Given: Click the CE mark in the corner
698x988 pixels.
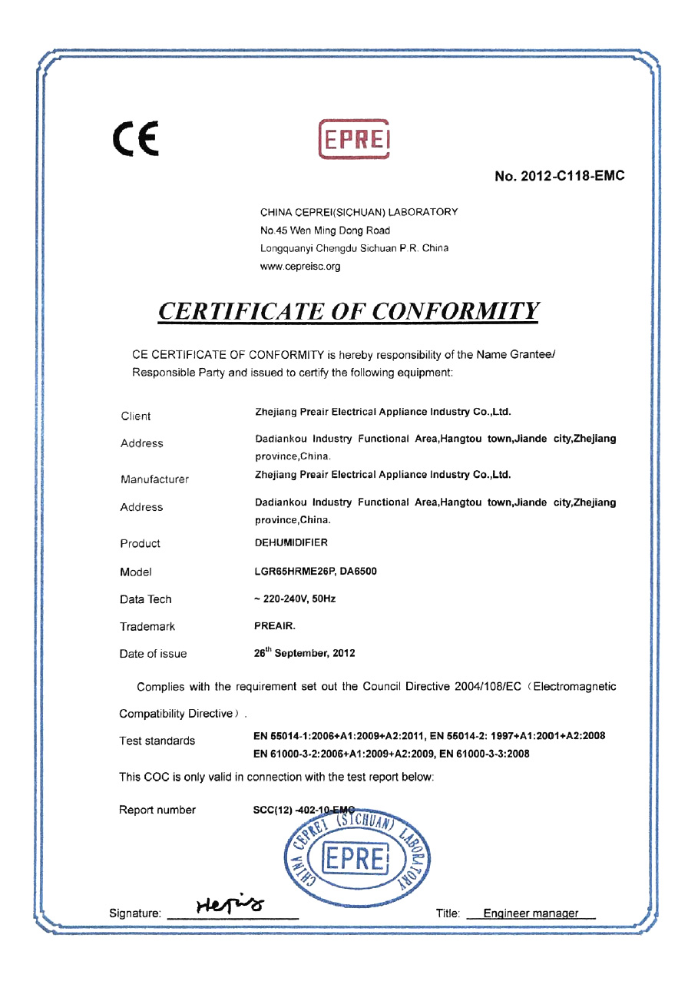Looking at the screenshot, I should coord(136,139).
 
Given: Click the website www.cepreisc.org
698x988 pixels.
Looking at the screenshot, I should coord(300,267).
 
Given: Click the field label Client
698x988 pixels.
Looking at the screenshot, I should coord(136,416).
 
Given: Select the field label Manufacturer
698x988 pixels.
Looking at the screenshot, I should coord(154,479).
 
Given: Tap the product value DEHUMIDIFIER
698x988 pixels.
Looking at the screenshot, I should coord(291,542).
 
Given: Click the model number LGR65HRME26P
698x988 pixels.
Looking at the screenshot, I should coord(291,572).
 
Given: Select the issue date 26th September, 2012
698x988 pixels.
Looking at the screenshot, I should coord(304,653).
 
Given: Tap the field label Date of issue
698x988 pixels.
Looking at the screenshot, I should coord(153,654).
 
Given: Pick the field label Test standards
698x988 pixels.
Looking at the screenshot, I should coord(157,741).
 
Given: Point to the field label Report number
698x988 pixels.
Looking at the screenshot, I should coord(157,810).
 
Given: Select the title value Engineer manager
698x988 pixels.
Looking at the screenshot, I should coord(531,913).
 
